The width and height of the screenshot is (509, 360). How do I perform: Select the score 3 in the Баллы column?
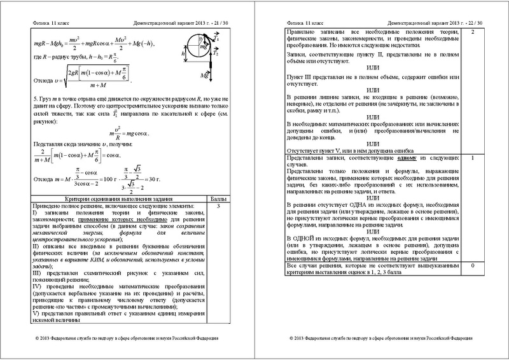click(218, 207)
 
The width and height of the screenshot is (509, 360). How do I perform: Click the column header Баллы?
click(218, 199)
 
